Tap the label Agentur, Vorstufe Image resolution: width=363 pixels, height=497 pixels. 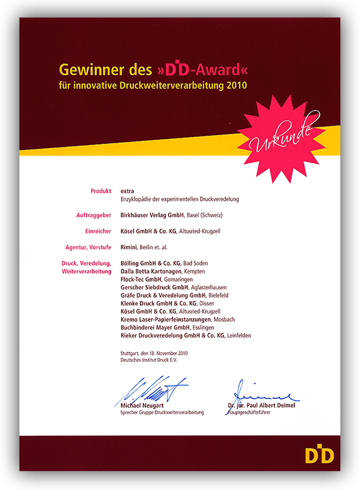click(87, 247)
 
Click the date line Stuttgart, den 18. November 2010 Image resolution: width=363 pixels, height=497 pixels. click(153, 354)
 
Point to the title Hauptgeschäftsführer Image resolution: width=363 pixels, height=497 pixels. click(251, 412)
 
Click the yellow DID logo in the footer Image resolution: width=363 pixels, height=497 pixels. click(319, 455)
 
